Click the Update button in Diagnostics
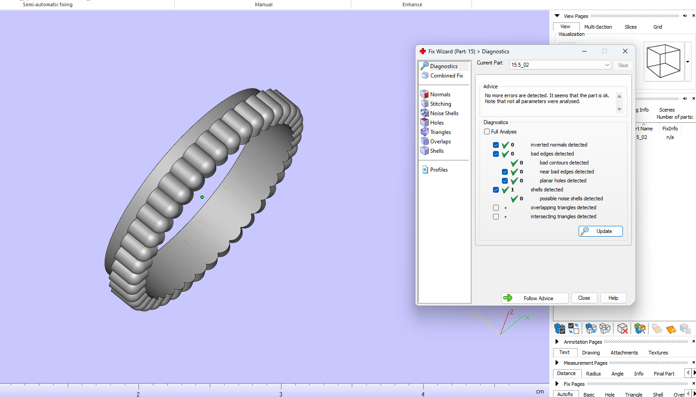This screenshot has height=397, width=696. click(601, 231)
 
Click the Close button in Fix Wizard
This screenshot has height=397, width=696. click(584, 298)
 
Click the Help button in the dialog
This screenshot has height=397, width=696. click(613, 298)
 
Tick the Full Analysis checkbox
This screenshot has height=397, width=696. click(487, 132)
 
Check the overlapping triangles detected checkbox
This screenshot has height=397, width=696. click(496, 207)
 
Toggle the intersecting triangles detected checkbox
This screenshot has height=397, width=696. click(496, 216)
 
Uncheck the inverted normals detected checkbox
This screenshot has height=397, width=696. click(496, 145)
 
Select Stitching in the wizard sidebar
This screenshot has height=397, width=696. click(440, 104)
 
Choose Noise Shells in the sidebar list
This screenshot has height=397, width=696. click(444, 113)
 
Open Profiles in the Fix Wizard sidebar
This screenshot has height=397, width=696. click(438, 170)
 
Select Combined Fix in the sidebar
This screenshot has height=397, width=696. click(446, 76)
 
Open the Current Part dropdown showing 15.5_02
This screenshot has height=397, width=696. click(560, 65)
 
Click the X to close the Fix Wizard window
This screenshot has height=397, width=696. click(625, 51)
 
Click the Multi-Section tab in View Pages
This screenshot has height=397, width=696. click(598, 27)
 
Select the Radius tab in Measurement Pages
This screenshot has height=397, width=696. click(593, 374)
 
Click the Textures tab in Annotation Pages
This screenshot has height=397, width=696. click(658, 353)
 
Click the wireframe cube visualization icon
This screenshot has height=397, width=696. click(663, 61)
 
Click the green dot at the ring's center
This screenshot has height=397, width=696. click(202, 197)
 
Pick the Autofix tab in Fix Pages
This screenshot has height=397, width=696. click(565, 394)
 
